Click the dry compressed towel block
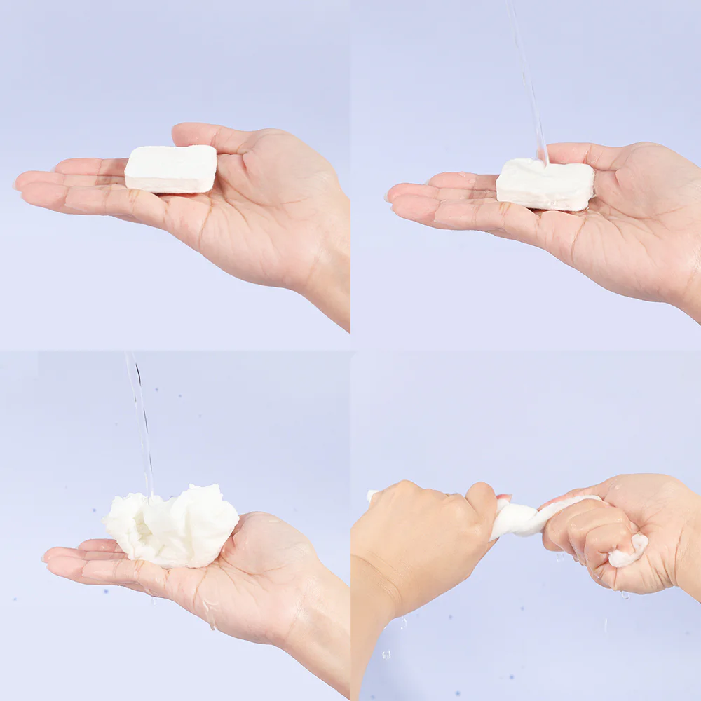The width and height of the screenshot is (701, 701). [170, 168]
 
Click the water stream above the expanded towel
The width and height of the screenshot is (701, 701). [140, 421]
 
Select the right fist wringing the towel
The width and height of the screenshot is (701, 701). [596, 533]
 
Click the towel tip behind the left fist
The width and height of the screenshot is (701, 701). [372, 496]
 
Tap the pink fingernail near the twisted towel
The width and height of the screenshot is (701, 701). [503, 498]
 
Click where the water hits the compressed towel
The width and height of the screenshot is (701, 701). [544, 165]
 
